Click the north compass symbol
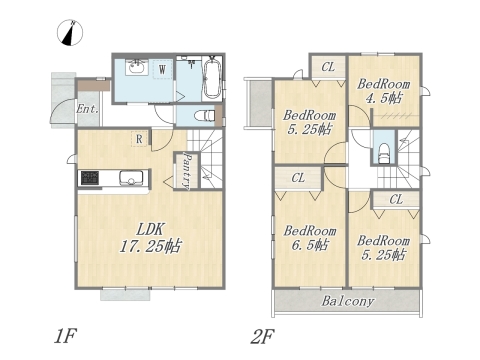70,33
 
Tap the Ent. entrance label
87,109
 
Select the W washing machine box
162,70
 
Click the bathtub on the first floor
211,77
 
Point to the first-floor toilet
204,115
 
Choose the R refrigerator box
139,139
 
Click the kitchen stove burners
90,177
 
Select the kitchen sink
131,177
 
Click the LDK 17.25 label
151,238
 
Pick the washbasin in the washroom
136,67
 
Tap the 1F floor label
66,336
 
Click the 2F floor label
262,336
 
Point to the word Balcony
348,301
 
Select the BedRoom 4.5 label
384,91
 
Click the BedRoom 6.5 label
310,238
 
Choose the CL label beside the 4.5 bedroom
328,67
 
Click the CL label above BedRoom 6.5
298,178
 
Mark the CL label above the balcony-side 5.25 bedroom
396,199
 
